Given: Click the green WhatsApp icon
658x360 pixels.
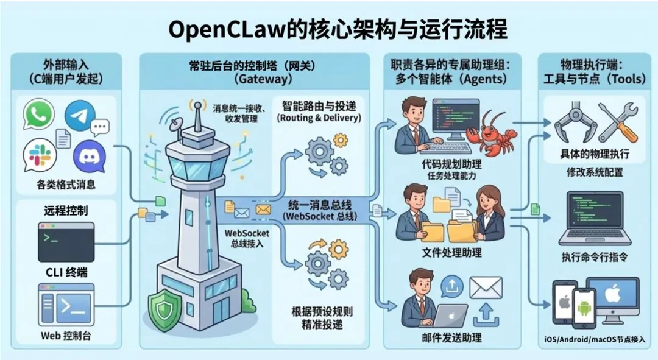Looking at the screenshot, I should (x=39, y=115).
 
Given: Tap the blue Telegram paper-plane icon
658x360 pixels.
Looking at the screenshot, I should (x=80, y=116).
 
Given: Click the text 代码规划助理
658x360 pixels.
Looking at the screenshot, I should (x=451, y=164).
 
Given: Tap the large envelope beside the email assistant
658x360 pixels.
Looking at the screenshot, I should (x=486, y=288).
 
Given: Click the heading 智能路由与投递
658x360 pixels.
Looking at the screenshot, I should (x=319, y=105).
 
